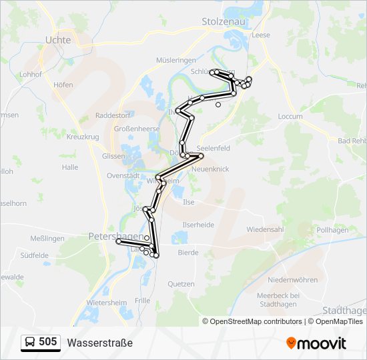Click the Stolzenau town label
[223, 21]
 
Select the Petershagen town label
[115, 236]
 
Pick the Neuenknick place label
[210, 169]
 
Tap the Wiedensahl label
[265, 229]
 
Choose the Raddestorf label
[113, 115]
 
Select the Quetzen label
[181, 284]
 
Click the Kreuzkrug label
[83, 137]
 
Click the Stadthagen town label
[344, 311]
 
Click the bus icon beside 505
[30, 342]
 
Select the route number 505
[47, 342]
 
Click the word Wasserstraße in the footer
[100, 343]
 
